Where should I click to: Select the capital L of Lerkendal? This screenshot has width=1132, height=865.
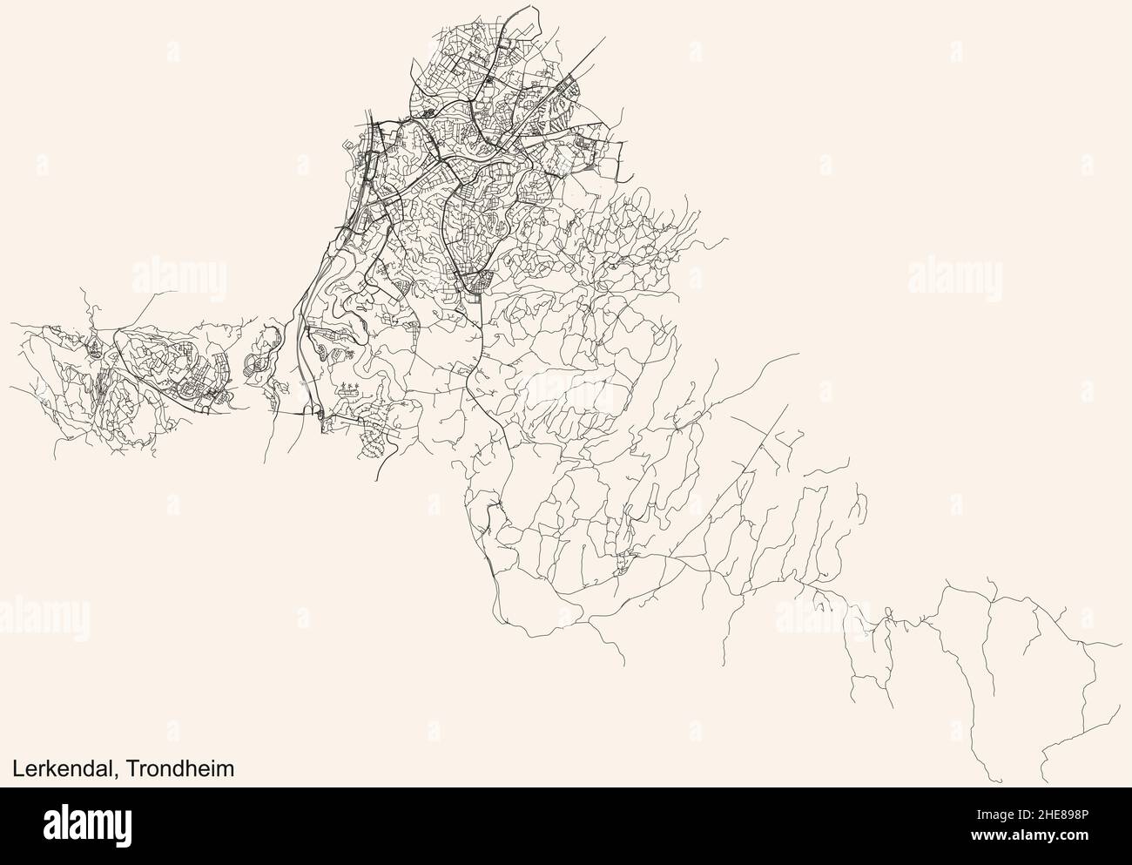(x=17, y=768)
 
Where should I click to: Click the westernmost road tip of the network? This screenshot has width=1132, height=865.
(x=11, y=325)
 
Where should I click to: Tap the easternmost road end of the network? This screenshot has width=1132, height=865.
(x=1122, y=645)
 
